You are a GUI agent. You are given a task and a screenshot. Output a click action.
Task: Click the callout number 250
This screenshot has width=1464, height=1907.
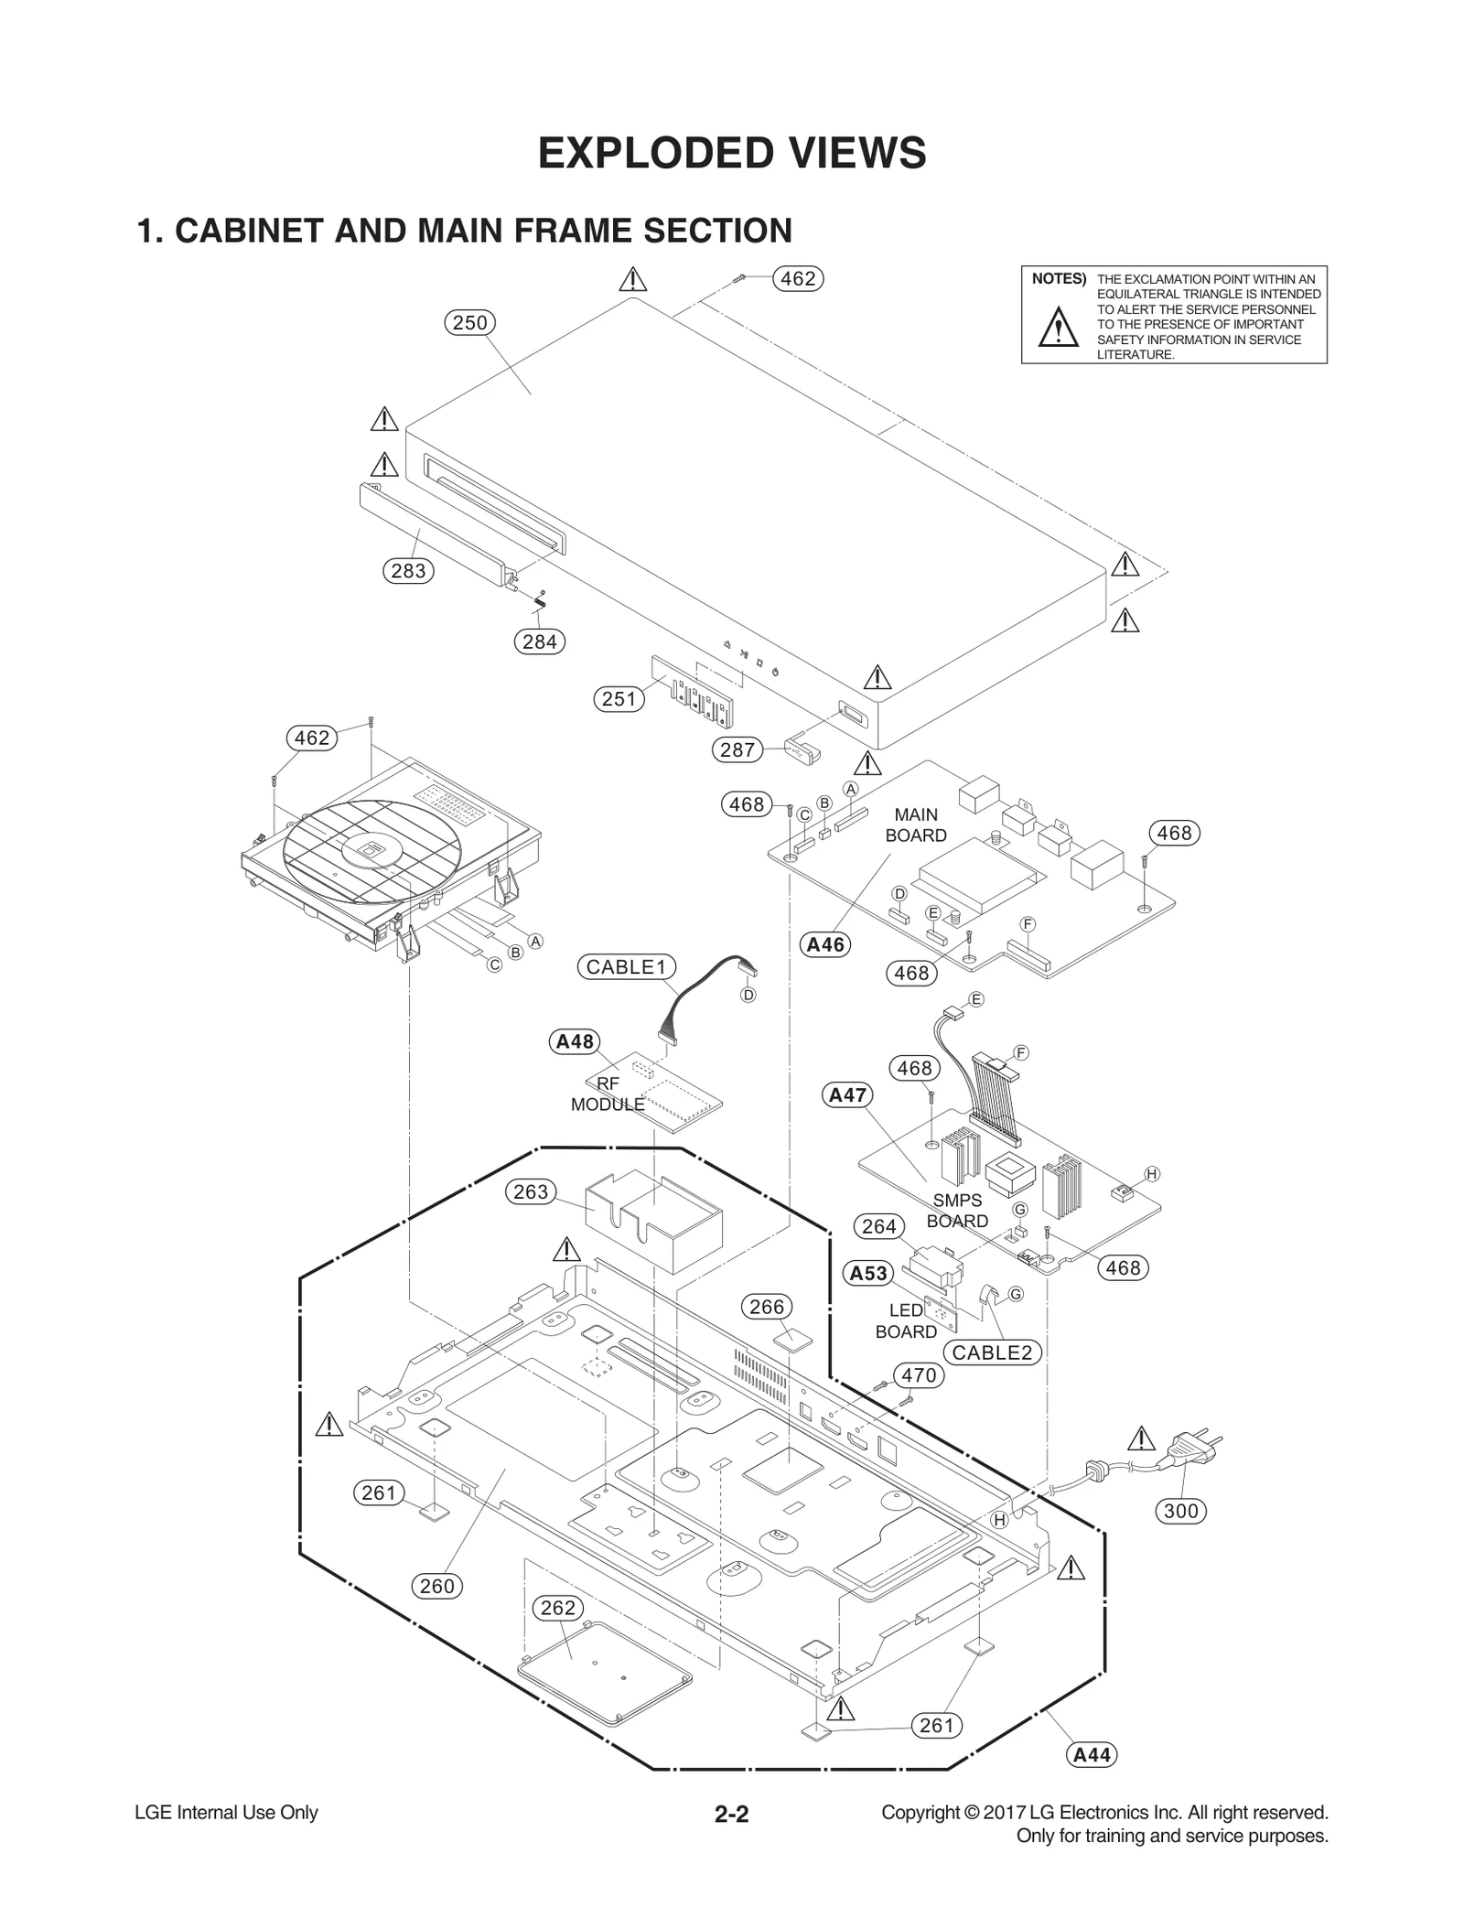470,322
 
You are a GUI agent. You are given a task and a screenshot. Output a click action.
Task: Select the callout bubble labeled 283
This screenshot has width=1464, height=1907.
407,570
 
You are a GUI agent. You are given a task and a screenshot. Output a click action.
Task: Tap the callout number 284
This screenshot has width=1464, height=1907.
539,641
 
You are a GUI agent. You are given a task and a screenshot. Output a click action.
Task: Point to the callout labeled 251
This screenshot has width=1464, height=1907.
619,699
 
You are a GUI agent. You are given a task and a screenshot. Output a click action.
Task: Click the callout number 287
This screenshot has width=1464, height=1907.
737,749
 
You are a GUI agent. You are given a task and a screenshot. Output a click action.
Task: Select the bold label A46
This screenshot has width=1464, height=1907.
825,944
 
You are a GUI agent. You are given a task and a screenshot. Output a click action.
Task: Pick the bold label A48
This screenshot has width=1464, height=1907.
575,1041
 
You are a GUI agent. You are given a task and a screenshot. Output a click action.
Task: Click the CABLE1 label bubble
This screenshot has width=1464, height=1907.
626,966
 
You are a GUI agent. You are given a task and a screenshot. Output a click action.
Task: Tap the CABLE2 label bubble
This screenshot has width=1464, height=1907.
992,1352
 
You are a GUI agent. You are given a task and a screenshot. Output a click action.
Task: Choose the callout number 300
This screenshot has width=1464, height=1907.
1180,1511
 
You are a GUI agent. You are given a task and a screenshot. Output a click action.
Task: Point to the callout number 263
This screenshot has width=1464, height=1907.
531,1191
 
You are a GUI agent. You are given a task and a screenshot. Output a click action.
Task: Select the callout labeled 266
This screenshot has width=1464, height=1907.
767,1307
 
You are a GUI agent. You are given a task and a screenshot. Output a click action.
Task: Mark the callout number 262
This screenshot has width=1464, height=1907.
558,1608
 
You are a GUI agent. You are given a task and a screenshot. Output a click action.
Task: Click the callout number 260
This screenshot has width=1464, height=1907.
436,1586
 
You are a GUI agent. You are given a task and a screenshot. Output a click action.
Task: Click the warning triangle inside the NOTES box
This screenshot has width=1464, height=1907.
1058,327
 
